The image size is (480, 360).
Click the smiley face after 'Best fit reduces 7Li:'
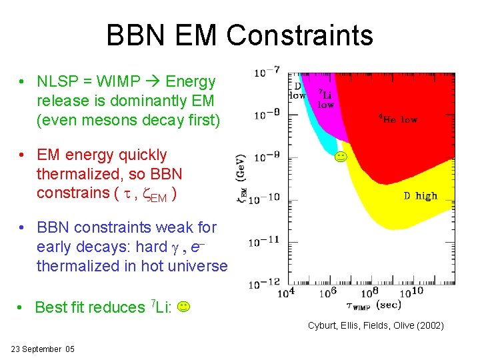coord(184,307)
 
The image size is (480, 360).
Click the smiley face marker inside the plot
coord(340,158)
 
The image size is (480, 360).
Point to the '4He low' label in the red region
coord(398,119)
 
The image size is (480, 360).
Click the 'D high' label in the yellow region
coord(420,195)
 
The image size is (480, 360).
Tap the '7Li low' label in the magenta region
coord(326,99)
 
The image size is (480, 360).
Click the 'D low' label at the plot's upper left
coord(297,91)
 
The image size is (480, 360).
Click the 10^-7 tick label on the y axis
coord(266,71)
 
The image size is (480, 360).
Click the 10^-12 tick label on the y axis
coord(265,283)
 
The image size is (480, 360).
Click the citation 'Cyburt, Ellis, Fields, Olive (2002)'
coord(375,325)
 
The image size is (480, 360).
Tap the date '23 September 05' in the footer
coord(43,349)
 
